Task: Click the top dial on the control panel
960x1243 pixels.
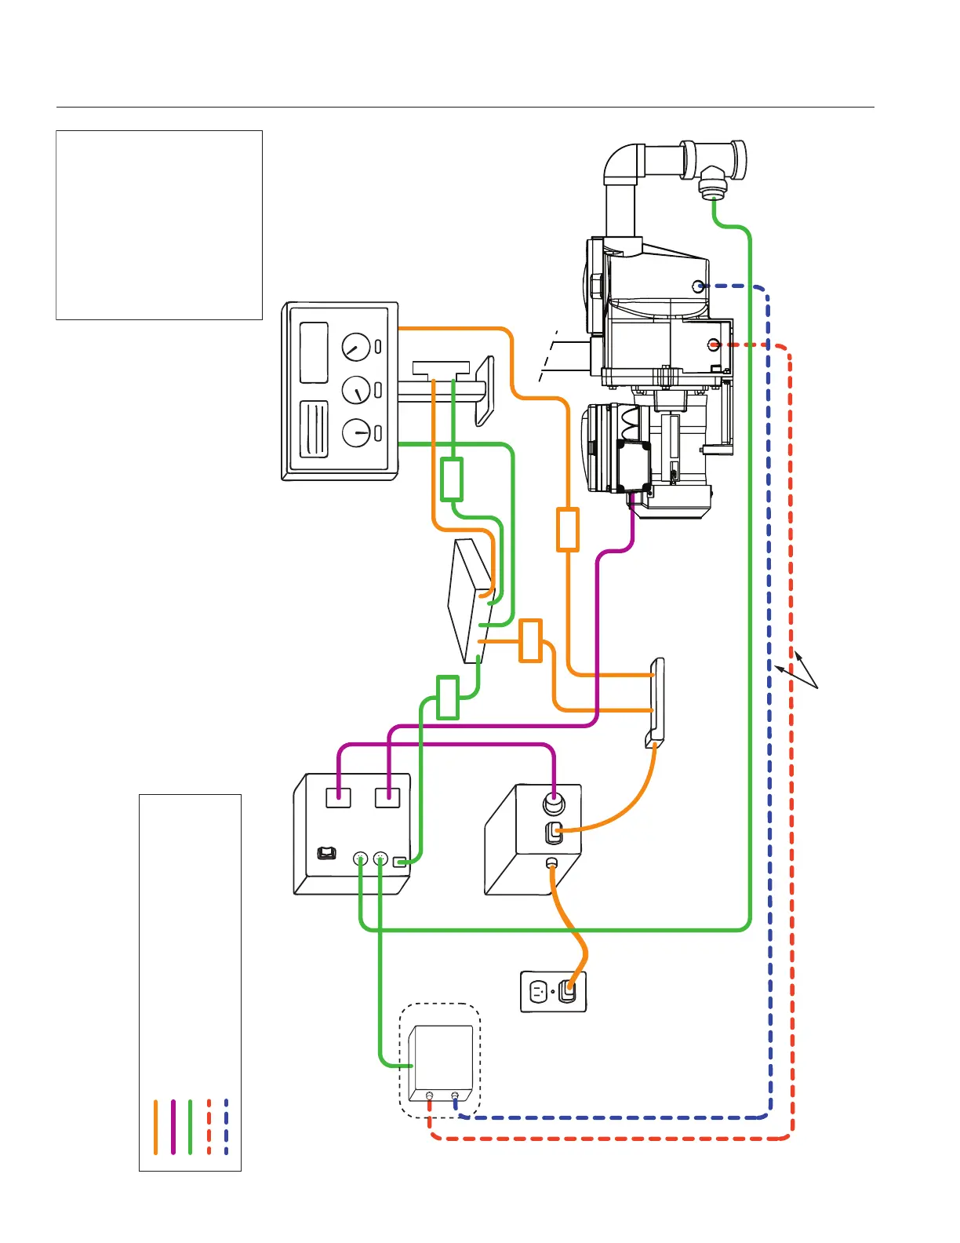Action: [x=355, y=346]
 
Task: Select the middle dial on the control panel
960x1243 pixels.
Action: [x=356, y=389]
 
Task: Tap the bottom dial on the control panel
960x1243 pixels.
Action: [x=356, y=432]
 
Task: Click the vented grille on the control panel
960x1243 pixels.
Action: [x=314, y=429]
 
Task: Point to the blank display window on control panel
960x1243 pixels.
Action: [x=314, y=353]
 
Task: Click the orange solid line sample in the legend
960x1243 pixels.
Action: [x=156, y=1127]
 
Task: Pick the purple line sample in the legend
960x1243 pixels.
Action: [x=173, y=1127]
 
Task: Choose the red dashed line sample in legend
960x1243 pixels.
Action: [x=209, y=1127]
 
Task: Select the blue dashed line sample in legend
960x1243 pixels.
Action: [x=226, y=1127]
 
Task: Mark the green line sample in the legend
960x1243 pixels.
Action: [x=191, y=1127]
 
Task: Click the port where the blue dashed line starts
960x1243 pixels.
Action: [x=698, y=286]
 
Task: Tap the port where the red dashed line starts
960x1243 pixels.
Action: [x=713, y=344]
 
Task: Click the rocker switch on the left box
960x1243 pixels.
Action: [x=326, y=853]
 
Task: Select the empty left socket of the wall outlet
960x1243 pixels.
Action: [x=538, y=992]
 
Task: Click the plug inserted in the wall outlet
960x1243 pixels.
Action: [x=569, y=990]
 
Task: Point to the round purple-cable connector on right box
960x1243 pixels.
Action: [x=554, y=805]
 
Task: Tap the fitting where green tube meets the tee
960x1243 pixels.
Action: [x=712, y=189]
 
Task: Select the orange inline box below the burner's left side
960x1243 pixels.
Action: [x=568, y=530]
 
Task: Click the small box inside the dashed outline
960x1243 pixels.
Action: [x=441, y=1061]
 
